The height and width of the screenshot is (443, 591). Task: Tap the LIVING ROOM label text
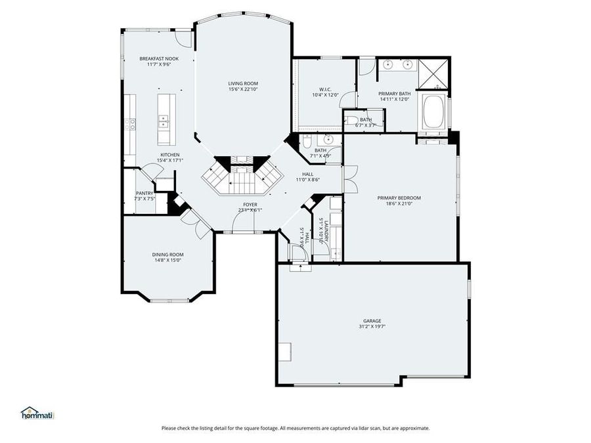[243, 83]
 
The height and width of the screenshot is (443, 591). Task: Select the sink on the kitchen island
[163, 121]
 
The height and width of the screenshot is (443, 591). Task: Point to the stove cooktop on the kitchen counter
[131, 123]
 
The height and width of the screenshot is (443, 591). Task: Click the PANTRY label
[144, 193]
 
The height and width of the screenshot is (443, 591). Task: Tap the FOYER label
[250, 205]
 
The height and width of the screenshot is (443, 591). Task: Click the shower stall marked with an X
[434, 73]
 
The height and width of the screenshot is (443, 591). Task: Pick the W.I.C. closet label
[325, 89]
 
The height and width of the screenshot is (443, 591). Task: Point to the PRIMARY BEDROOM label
[399, 198]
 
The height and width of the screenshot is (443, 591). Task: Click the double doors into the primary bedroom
[349, 179]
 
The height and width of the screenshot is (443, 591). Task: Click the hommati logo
[37, 413]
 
